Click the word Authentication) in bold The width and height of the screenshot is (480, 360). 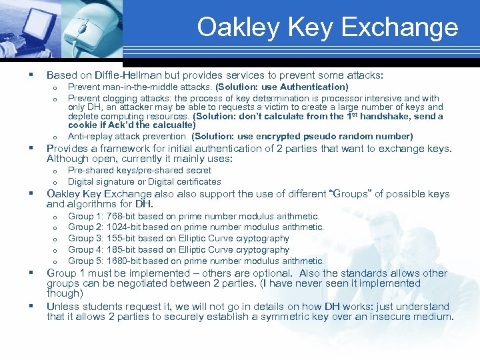point(313,87)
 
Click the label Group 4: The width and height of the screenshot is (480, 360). point(85,249)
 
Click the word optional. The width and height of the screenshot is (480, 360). point(271,273)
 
